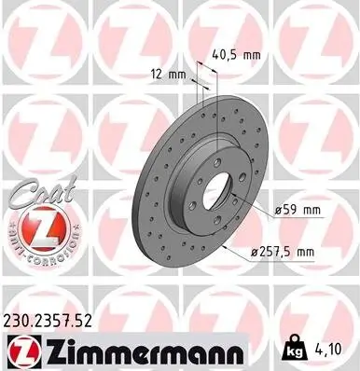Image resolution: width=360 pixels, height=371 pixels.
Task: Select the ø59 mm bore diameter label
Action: coord(298,212)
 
